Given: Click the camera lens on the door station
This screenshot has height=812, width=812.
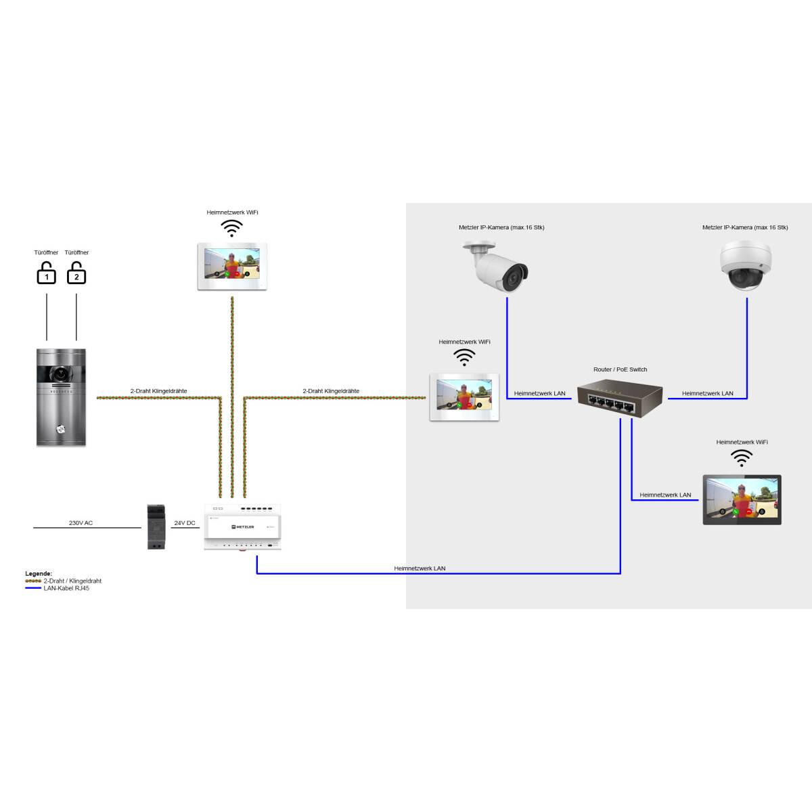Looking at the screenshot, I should tap(61, 373).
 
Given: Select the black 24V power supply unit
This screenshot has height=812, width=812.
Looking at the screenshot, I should tap(156, 526).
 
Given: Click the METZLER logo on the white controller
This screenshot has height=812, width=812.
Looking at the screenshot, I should tap(242, 526).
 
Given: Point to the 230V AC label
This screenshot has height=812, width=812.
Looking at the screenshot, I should tap(81, 523).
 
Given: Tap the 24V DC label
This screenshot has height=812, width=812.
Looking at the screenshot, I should tap(185, 523).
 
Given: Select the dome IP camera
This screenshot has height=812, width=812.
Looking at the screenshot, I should tap(745, 265).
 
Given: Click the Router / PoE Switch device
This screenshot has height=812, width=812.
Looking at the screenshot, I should tap(619, 399).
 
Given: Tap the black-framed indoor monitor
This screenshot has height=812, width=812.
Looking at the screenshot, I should tap(742, 500).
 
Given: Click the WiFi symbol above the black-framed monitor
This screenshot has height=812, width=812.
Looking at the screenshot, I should tap(742, 458).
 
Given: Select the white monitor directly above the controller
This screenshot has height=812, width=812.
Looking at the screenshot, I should tap(232, 266).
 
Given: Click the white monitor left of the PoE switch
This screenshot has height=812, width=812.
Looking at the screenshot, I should tap(464, 397).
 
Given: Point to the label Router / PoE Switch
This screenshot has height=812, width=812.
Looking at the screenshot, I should tap(620, 369).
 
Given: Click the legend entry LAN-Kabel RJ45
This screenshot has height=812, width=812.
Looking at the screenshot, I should tap(66, 589).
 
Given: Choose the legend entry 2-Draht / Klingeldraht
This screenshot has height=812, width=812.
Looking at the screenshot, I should tap(72, 581).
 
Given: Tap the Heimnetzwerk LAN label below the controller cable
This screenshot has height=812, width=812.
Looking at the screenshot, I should tap(420, 568).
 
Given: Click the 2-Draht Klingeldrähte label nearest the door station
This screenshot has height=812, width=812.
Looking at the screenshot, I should tap(158, 391).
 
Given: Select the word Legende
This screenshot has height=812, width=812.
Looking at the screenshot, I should tap(39, 574).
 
